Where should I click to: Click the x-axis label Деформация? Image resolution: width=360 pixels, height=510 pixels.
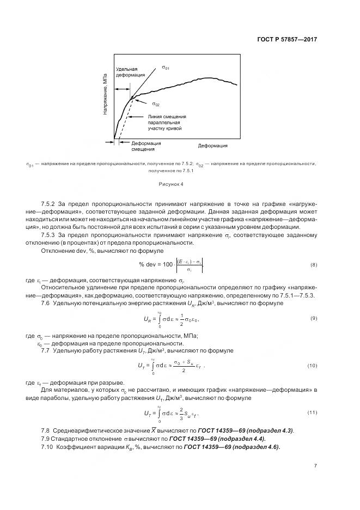(212, 146)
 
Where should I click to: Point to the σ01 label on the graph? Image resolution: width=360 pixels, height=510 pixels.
(165, 68)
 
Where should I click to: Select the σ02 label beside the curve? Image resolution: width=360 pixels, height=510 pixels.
(155, 104)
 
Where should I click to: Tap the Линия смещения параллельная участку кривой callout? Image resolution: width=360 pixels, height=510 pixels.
(167, 122)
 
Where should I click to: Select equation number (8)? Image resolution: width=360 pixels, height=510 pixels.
(313, 264)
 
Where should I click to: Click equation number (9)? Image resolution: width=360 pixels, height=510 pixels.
(313, 318)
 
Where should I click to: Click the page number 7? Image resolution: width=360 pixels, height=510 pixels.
(315, 465)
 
